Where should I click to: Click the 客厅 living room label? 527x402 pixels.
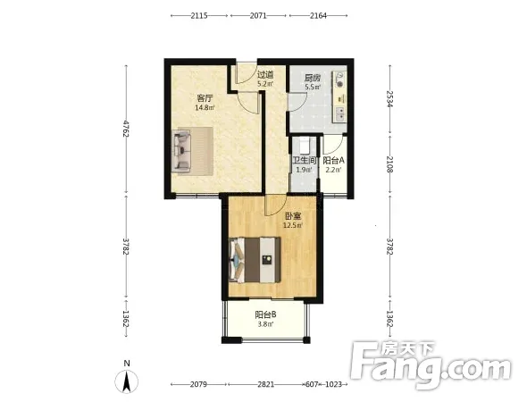click(x=205, y=98)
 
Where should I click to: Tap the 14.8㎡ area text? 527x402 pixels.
click(x=205, y=107)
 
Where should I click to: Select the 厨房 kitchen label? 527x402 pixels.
click(x=313, y=79)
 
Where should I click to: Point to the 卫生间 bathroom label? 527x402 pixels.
click(x=305, y=161)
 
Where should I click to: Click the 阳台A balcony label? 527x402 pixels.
click(x=334, y=161)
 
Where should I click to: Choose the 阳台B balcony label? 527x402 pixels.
click(x=266, y=314)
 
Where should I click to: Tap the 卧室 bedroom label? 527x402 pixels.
click(x=293, y=216)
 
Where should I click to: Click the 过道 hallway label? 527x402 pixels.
click(x=265, y=75)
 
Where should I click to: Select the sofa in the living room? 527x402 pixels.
click(x=181, y=151)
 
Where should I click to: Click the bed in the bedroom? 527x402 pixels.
click(x=255, y=260)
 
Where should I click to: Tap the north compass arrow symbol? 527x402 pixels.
click(x=126, y=381)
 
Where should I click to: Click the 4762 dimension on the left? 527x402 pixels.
click(x=126, y=129)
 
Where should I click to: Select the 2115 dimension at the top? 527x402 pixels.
click(x=199, y=15)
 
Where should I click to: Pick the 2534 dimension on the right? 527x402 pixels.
click(x=389, y=99)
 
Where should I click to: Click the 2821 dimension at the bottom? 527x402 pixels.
click(x=266, y=384)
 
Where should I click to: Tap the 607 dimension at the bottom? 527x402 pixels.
click(x=311, y=384)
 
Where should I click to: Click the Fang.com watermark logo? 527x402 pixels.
click(x=431, y=365)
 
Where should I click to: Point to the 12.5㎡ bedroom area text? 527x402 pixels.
click(x=293, y=225)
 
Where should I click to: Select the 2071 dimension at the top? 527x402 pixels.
click(x=258, y=15)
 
